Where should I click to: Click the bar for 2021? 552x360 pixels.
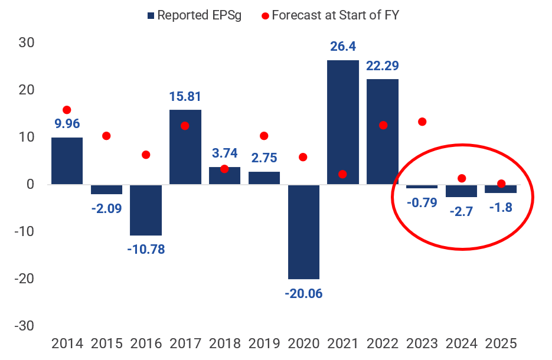point(343,122)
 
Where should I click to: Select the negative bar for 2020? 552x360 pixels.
point(303,231)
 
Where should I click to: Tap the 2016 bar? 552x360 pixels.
point(146,210)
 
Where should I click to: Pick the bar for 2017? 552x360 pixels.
point(185,147)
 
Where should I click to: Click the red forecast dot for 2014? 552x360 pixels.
point(67,110)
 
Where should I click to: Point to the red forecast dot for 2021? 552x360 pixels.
point(343,174)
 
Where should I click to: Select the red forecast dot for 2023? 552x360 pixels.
point(422,122)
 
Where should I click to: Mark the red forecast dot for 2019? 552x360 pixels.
point(264,136)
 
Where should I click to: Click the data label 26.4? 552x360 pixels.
point(343,46)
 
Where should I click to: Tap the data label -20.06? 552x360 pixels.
point(303,293)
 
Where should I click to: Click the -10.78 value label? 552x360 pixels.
point(146,249)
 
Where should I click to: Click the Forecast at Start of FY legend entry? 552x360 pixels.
point(330,15)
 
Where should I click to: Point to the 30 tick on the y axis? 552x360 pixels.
point(26,42)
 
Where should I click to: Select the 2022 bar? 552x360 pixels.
point(383,132)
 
